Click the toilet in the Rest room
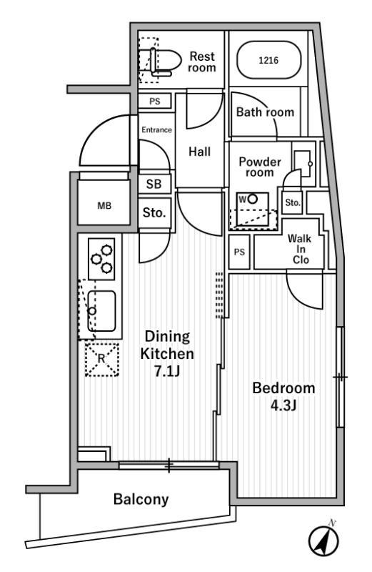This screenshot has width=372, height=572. click(164, 61)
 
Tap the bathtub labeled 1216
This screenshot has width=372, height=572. click(269, 61)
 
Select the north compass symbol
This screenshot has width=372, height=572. click(323, 539)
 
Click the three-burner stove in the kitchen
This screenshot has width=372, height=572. click(101, 259)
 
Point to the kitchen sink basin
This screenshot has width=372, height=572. click(101, 311)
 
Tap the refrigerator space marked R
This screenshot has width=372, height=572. click(101, 360)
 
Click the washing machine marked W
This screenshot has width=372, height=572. click(252, 210)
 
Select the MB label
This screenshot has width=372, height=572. click(104, 206)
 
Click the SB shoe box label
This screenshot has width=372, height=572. click(154, 184)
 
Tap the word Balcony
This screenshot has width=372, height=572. click(141, 499)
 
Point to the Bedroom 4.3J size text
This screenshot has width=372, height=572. click(283, 405)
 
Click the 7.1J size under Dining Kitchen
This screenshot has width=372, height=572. click(167, 371)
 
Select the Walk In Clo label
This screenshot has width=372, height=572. click(300, 249)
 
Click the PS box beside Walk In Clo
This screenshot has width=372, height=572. click(239, 252)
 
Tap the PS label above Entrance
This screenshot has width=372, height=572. click(155, 101)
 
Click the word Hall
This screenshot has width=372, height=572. click(200, 152)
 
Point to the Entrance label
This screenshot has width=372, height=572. click(156, 130)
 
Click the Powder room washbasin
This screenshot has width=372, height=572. click(303, 164)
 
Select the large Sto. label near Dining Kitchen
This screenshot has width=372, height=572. click(154, 212)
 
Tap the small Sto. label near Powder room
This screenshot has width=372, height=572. click(293, 202)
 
